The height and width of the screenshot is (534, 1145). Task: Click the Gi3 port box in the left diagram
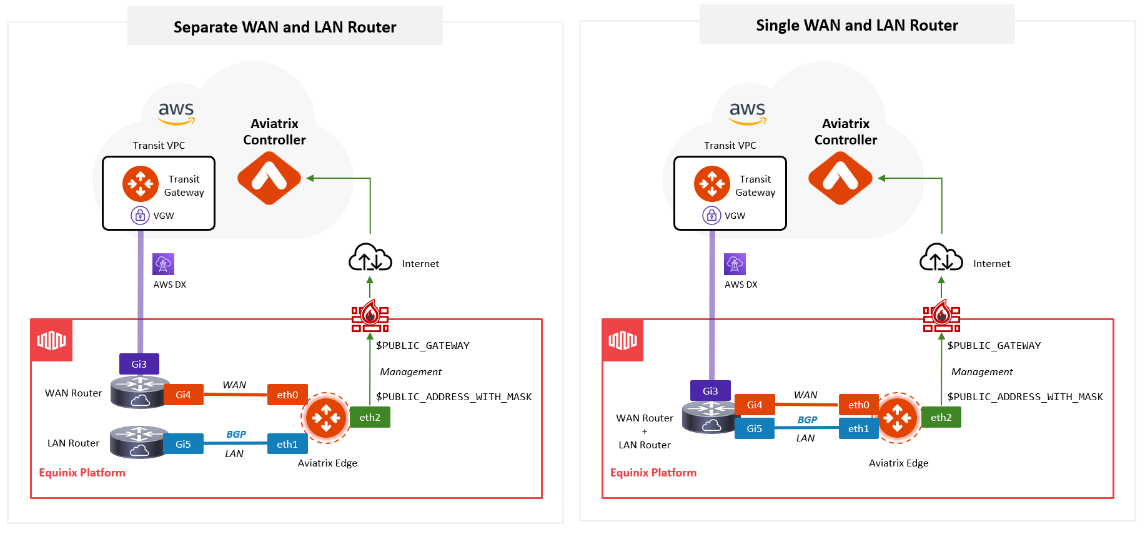coord(139,364)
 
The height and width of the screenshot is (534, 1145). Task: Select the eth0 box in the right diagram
coord(858,405)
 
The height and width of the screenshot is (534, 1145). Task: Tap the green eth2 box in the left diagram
coord(370,417)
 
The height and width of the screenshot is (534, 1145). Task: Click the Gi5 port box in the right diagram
coord(754,428)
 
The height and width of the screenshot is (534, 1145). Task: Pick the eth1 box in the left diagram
coord(287,444)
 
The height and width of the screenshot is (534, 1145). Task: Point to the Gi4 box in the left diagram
coord(183,395)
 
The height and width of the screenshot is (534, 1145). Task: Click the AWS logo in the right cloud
coord(747,113)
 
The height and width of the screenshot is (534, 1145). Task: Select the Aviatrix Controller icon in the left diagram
coord(269,179)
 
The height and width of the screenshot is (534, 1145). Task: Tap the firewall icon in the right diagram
coord(941,316)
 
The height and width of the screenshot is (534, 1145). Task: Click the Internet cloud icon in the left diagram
coord(370,258)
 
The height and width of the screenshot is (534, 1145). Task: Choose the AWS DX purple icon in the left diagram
coord(164,264)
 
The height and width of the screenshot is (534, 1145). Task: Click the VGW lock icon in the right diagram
coord(711,215)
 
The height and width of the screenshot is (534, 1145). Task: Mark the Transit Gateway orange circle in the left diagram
coord(141,184)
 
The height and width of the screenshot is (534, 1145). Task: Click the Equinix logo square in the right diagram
coord(623,340)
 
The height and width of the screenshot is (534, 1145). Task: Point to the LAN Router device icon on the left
coord(139,442)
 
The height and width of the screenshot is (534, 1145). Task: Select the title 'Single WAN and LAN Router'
coord(856,25)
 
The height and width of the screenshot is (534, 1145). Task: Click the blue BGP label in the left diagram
coord(236,434)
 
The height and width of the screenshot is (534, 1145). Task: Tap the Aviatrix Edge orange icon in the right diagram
coord(898,417)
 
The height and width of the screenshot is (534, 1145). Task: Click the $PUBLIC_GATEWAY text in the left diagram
coord(423,345)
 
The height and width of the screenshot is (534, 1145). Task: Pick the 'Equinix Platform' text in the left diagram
coord(82,473)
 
